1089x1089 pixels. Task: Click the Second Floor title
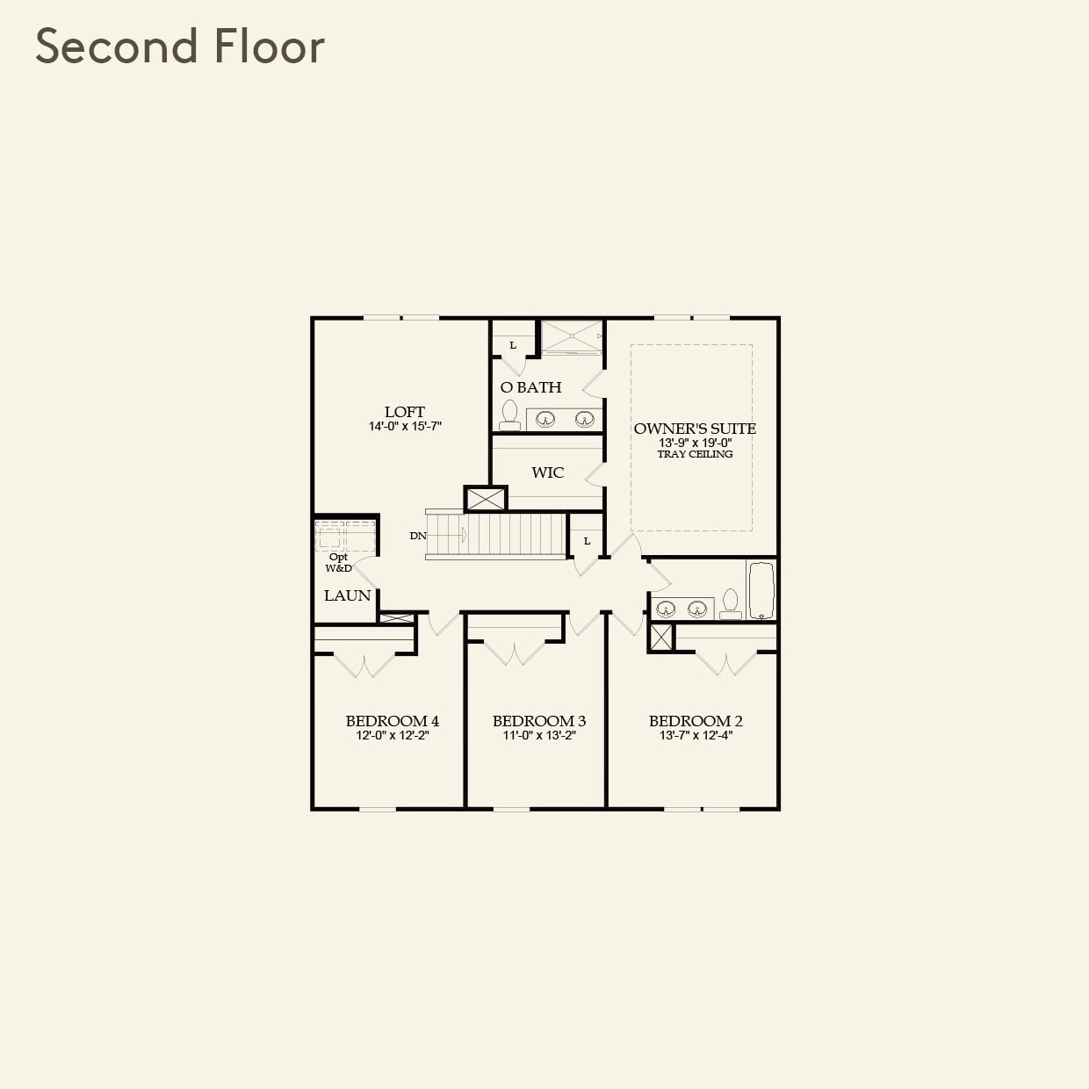coord(180,47)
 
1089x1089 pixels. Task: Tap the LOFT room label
coord(404,412)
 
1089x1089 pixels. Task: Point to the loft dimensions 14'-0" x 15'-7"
coord(404,427)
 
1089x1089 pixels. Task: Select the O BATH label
coord(530,387)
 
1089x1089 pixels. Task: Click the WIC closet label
coord(547,472)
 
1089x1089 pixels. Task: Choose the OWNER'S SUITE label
coord(695,429)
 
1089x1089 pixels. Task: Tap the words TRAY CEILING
coord(695,454)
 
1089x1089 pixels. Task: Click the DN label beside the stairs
coord(418,536)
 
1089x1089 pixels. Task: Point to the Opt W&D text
coord(338,563)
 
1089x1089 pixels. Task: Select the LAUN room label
coord(347,595)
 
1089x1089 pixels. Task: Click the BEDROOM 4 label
coord(392,721)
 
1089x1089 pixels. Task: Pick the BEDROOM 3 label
coord(538,721)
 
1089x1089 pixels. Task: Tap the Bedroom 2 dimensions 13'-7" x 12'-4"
coord(696,735)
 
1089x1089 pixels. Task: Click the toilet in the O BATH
coord(509,415)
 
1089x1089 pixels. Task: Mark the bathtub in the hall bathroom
coord(761,590)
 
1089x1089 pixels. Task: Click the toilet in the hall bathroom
coord(730,604)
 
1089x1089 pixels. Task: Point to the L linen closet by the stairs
coord(587,537)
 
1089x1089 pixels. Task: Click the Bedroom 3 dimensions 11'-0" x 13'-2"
coord(538,735)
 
